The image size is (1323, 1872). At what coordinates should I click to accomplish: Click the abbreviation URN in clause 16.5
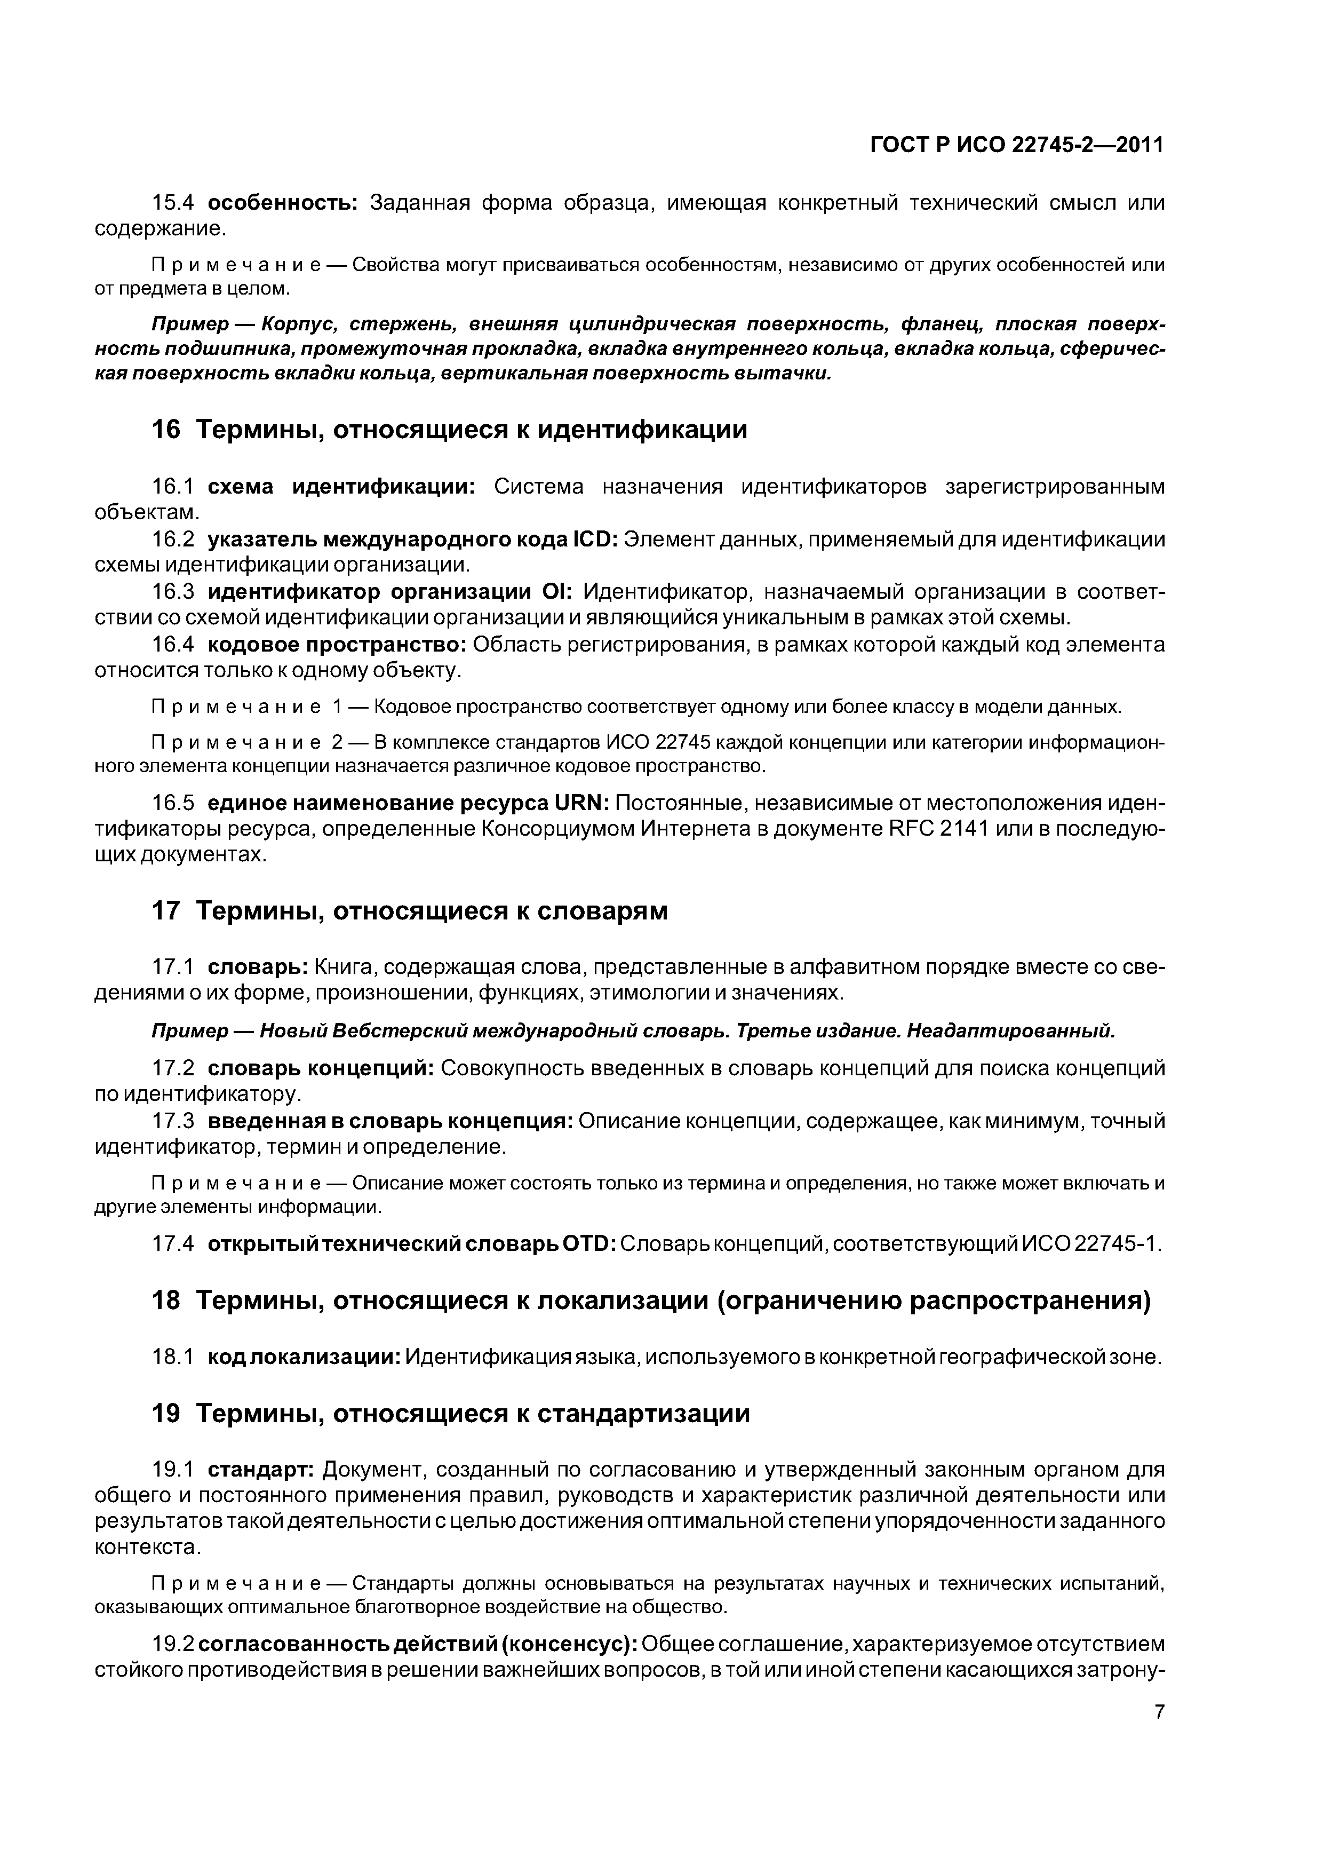[580, 803]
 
